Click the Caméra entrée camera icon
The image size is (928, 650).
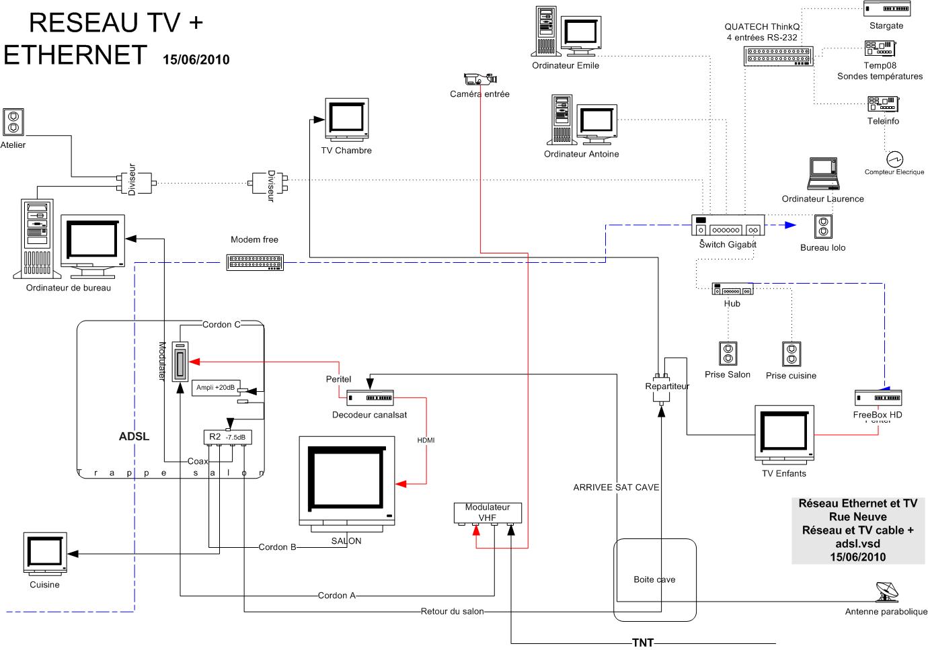point(479,79)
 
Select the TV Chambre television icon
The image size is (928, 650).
point(347,119)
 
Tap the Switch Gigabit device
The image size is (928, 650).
point(728,225)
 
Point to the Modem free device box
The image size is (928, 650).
point(256,262)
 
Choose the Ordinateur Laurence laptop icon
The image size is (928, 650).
point(823,174)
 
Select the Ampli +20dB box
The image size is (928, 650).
point(216,387)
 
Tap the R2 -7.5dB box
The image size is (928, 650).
point(227,437)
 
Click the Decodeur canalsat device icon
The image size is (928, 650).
point(370,398)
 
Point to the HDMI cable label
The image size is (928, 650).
point(426,440)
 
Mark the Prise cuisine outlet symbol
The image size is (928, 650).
point(791,354)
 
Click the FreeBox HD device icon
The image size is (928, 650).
point(878,397)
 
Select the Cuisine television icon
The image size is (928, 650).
point(45,553)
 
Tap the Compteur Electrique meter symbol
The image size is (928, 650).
point(894,159)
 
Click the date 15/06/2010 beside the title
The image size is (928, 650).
point(196,59)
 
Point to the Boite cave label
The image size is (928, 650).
point(654,579)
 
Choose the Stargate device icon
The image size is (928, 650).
point(886,8)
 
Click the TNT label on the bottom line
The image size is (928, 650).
point(643,643)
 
